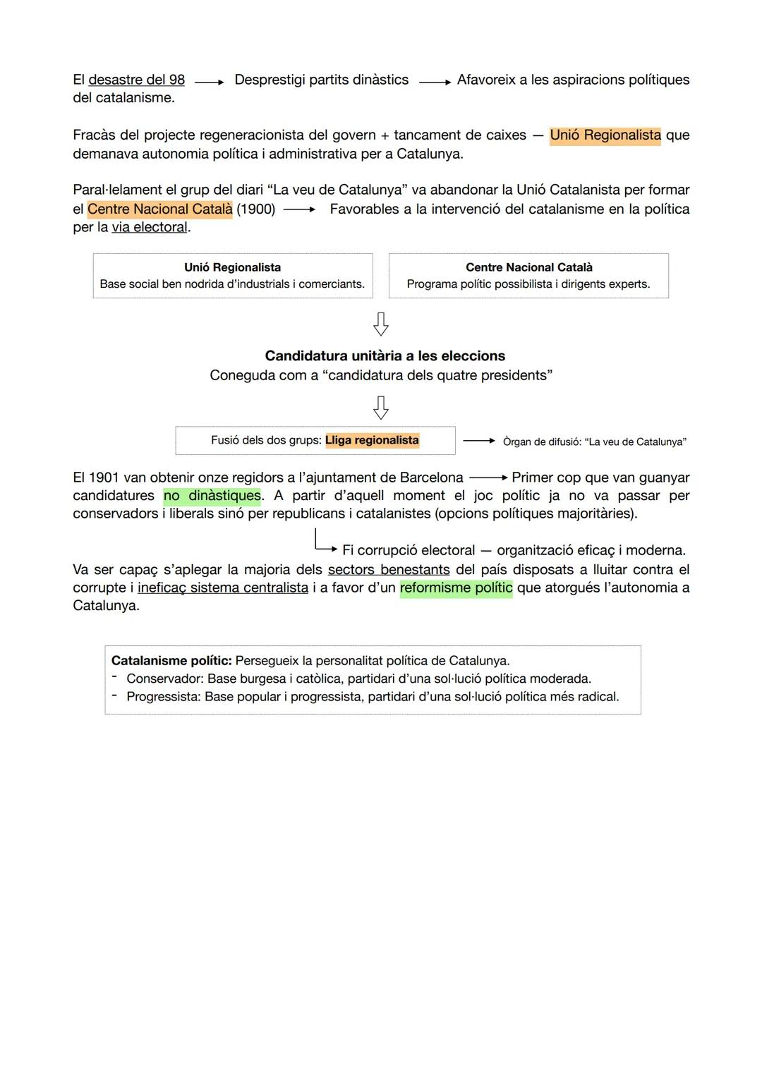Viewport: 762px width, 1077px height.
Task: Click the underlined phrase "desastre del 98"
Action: (x=136, y=80)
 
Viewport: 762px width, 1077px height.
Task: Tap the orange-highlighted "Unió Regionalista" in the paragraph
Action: (x=605, y=135)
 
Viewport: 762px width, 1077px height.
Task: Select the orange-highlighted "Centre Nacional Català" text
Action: (x=159, y=209)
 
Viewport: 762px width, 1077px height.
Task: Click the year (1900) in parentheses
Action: (x=256, y=209)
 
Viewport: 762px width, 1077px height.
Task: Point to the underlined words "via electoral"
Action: (x=150, y=228)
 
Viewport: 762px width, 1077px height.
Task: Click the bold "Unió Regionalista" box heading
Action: (x=232, y=267)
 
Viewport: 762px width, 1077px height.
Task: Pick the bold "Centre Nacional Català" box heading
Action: (x=528, y=267)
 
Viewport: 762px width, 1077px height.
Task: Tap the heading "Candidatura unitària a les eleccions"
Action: (x=385, y=356)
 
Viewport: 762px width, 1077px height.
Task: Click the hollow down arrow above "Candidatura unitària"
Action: (x=380, y=324)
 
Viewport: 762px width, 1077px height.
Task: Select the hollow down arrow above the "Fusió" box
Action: (x=380, y=408)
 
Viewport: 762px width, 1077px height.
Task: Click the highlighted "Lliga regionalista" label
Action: (x=372, y=440)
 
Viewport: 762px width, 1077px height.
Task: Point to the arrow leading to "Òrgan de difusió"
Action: (x=479, y=441)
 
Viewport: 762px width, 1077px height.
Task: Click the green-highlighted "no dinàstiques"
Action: (x=212, y=496)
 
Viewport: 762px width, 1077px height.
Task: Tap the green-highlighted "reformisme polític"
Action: (x=456, y=588)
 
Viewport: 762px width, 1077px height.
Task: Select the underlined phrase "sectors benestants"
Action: (x=388, y=570)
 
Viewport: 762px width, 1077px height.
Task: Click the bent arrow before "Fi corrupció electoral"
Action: (x=324, y=544)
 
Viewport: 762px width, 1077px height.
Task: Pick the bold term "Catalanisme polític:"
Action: (x=171, y=661)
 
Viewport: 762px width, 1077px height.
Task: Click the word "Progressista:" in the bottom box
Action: (x=163, y=697)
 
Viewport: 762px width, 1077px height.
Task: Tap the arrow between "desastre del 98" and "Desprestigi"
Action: (x=209, y=83)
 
